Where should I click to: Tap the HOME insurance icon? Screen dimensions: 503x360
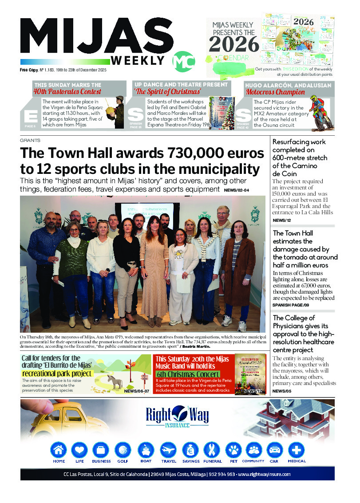click(59, 450)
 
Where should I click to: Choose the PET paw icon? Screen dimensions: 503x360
click(233, 450)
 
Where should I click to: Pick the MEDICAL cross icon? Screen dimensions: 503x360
click(296, 450)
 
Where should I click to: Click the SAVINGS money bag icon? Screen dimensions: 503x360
click(191, 450)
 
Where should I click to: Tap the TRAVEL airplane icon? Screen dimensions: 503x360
click(169, 450)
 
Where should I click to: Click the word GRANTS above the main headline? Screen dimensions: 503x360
click(30, 140)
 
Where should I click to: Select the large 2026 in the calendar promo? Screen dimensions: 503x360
click(234, 44)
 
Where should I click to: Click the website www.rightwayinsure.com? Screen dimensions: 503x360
click(264, 474)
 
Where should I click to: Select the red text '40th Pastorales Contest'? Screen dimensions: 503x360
click(67, 92)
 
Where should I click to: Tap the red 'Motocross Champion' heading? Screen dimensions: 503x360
click(275, 92)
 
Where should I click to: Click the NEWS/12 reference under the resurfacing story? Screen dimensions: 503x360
click(281, 220)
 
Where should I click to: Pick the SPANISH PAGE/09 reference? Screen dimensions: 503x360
click(291, 305)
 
